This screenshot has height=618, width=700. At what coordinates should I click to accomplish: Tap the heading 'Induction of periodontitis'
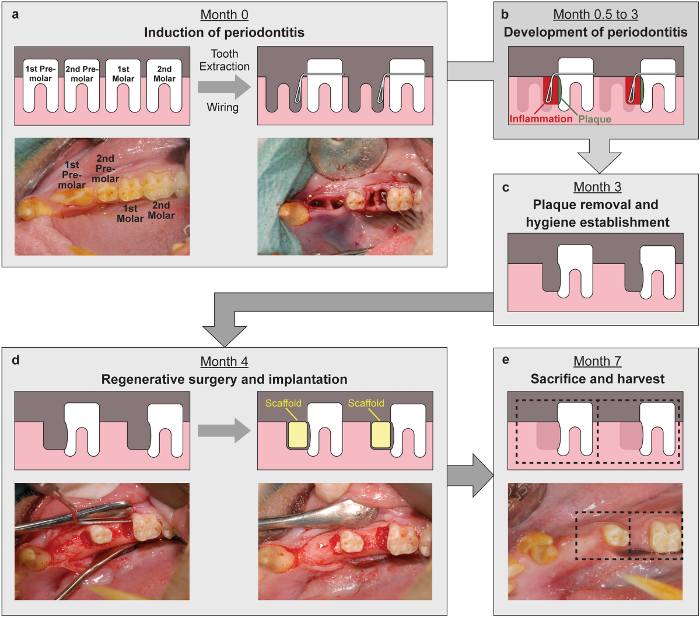(x=224, y=32)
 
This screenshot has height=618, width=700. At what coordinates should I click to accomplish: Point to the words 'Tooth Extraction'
(x=224, y=60)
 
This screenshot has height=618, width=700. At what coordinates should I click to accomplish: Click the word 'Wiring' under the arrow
(x=223, y=108)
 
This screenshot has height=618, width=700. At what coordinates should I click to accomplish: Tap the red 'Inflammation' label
(x=540, y=119)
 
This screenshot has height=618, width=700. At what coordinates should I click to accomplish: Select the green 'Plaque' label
(x=595, y=119)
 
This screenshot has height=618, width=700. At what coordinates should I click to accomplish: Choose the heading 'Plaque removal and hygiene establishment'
(x=596, y=213)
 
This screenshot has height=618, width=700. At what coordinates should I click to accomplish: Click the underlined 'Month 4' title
(x=224, y=362)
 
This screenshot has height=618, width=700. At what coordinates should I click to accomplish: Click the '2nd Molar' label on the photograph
(x=161, y=210)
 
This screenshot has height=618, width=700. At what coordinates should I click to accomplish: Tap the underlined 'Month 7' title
(x=596, y=362)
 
